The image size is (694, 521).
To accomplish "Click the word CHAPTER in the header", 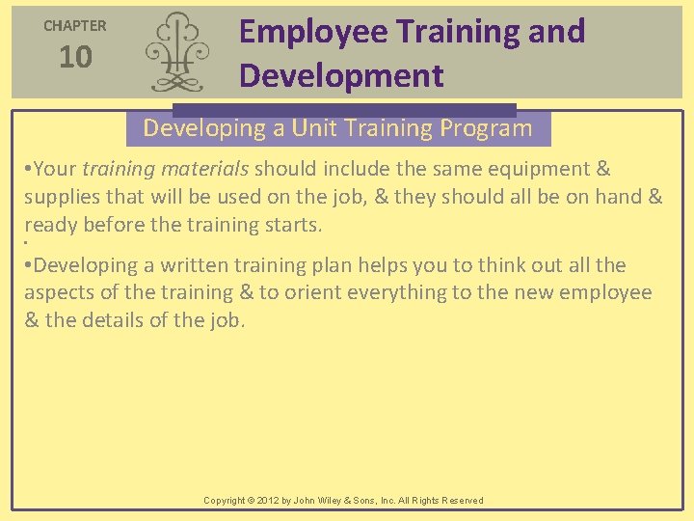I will tap(75, 26).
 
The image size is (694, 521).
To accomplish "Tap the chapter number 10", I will tap(75, 58).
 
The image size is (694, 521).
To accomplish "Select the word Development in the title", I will tap(341, 75).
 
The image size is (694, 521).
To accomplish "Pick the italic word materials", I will tap(204, 169).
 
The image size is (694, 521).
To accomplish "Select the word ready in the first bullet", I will tap(52, 225).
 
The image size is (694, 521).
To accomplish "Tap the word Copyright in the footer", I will tap(225, 501).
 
